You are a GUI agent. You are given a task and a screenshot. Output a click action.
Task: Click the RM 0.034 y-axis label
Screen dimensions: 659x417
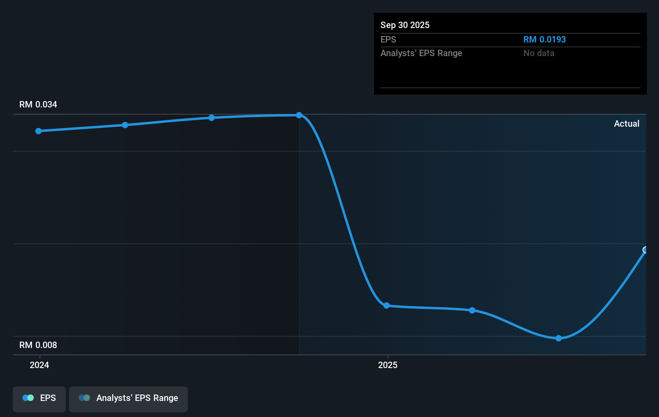(x=38, y=104)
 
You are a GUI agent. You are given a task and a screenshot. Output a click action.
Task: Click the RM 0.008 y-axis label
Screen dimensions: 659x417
(x=38, y=345)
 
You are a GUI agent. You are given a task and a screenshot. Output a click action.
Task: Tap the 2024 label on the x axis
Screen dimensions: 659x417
(x=39, y=365)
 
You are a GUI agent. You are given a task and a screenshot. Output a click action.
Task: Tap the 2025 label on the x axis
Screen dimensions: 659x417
(x=388, y=365)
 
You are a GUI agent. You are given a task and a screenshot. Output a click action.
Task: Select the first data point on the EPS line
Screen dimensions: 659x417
(x=39, y=131)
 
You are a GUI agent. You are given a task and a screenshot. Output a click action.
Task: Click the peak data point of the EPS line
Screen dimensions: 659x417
(x=299, y=115)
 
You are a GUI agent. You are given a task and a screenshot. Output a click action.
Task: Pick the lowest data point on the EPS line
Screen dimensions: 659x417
(x=559, y=338)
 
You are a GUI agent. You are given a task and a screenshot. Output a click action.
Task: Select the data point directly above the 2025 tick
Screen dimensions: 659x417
(x=386, y=306)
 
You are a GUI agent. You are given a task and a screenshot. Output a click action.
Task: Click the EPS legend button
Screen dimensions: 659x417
(x=39, y=399)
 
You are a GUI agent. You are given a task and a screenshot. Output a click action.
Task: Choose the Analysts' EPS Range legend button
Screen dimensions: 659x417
(x=128, y=399)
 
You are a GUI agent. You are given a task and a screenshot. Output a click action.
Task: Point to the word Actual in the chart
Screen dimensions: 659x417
(x=626, y=124)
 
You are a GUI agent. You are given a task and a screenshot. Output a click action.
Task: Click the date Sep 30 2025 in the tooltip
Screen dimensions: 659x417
(x=405, y=25)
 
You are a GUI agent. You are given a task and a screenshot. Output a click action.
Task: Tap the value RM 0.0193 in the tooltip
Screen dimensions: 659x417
(x=545, y=39)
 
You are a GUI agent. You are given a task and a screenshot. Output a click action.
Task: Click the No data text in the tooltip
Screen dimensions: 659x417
(x=539, y=53)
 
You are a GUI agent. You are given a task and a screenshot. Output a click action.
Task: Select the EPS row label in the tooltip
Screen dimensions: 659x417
(x=388, y=39)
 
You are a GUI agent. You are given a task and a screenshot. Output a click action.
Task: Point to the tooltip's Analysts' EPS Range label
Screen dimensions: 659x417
(x=421, y=53)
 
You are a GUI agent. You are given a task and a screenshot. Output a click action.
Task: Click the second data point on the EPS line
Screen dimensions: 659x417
(x=125, y=125)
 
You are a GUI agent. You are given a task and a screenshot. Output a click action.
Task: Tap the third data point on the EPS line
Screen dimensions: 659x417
(x=212, y=118)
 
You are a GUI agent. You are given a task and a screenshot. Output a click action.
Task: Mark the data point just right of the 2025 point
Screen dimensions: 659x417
(x=472, y=310)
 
